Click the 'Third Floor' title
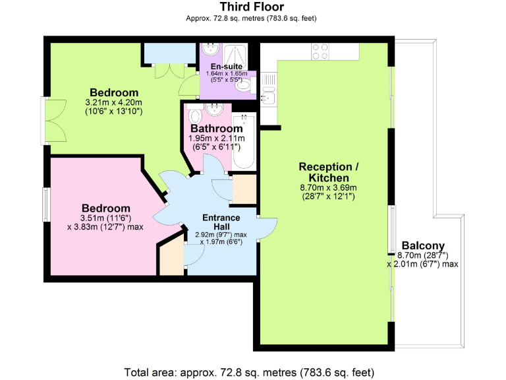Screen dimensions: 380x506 pyautogui.click(x=252, y=7)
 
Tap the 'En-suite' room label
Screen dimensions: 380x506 pyautogui.click(x=225, y=67)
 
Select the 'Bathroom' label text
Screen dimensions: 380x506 pyautogui.click(x=216, y=128)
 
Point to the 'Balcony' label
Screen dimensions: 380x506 pyautogui.click(x=422, y=243)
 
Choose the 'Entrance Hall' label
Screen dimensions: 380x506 pyautogui.click(x=221, y=222)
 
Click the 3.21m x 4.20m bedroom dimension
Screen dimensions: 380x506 pyautogui.click(x=114, y=103)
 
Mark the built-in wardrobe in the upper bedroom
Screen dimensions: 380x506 pyautogui.click(x=165, y=52)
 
